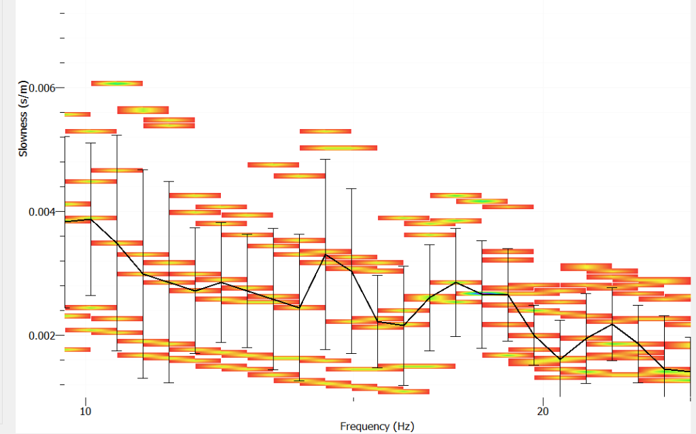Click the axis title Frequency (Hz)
377,426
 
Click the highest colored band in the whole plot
117,83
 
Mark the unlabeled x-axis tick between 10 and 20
353,399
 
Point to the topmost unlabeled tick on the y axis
63,13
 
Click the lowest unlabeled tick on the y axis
63,384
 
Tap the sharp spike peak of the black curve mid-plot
326,255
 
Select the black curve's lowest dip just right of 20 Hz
561,359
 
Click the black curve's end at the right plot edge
689,372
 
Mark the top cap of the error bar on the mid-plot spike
326,159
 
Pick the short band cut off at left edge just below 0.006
77,114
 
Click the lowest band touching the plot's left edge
77,349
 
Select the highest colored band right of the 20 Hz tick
586,266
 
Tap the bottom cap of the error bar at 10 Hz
90,295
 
